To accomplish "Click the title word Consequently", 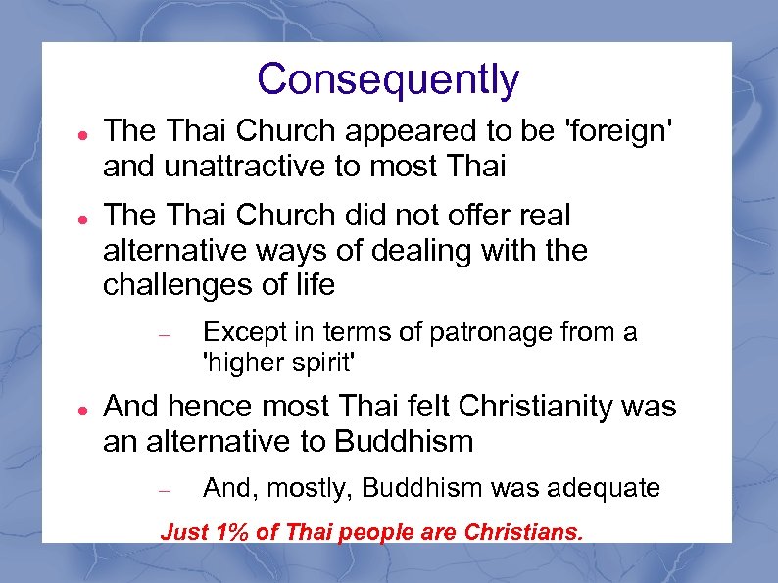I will (388, 80).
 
